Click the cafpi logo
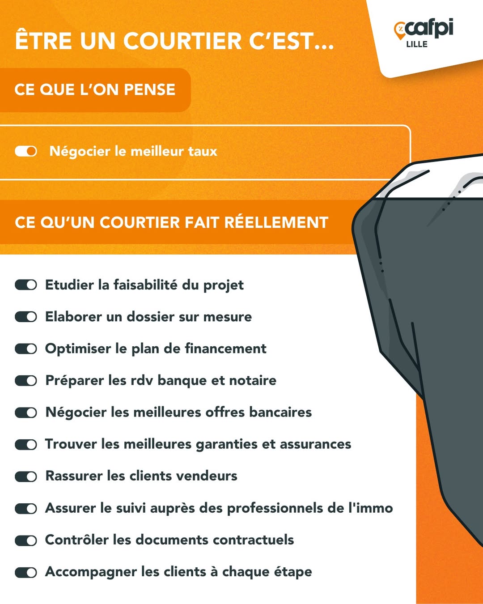click(x=423, y=29)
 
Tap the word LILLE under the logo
click(x=417, y=44)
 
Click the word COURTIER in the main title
click(x=182, y=41)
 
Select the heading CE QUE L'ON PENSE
click(x=95, y=90)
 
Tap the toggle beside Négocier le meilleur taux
click(x=26, y=151)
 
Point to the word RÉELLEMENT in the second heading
click(x=276, y=222)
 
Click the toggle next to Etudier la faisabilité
click(x=26, y=285)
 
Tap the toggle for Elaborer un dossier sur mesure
click(x=26, y=317)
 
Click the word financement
click(x=225, y=349)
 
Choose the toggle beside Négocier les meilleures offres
click(x=26, y=413)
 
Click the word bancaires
click(x=280, y=413)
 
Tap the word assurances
click(x=315, y=444)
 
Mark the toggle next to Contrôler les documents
click(x=26, y=540)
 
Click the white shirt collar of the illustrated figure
click(x=432, y=179)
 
